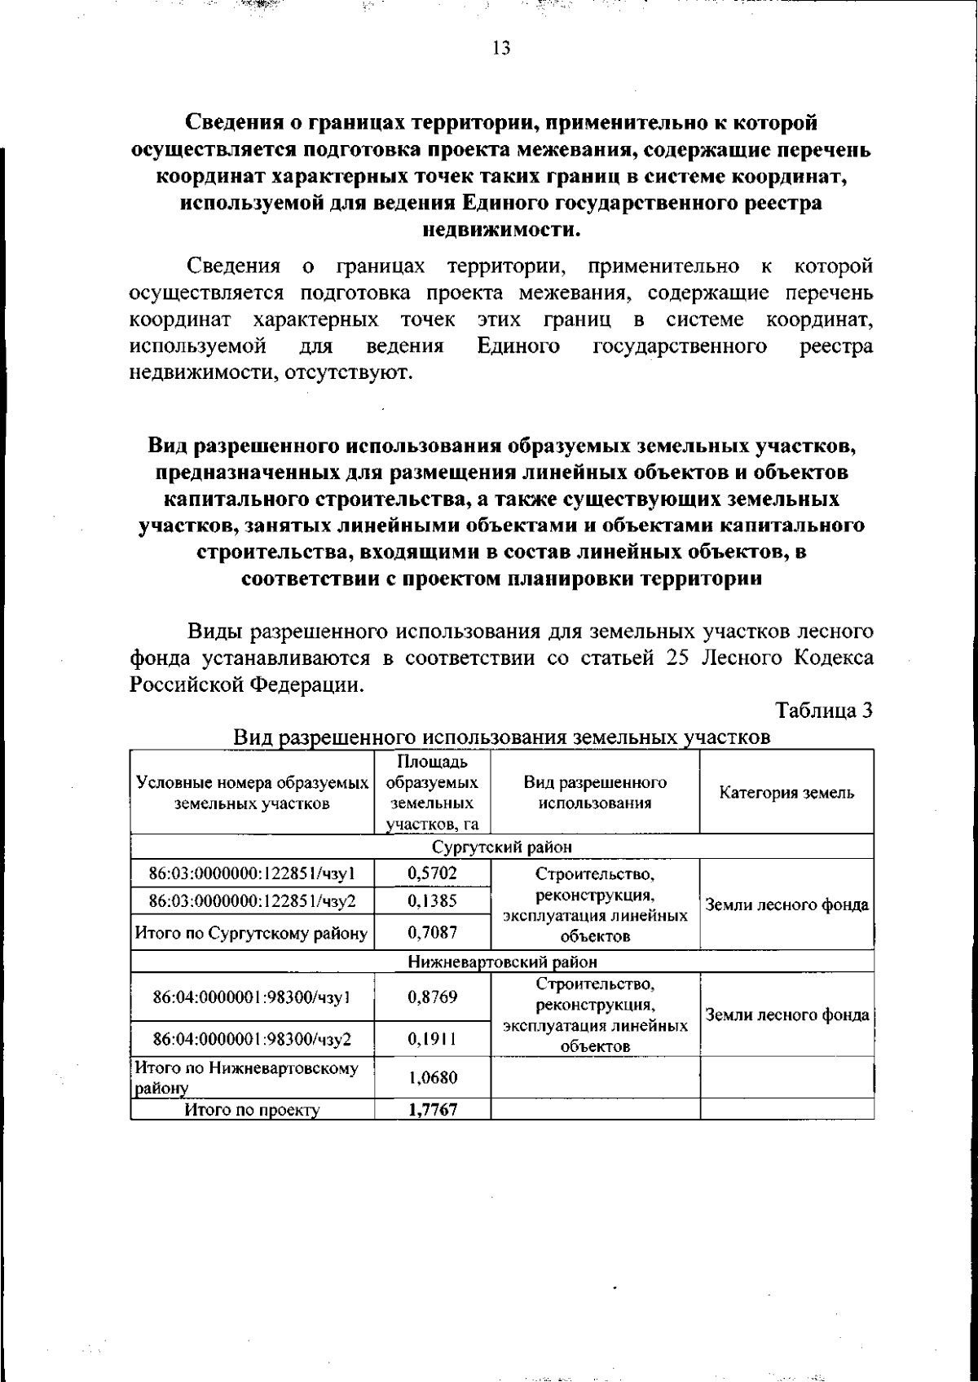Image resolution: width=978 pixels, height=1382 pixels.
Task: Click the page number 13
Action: (x=501, y=49)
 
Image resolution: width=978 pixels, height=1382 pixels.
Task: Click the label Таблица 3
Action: (x=825, y=711)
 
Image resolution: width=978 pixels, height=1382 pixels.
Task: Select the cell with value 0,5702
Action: (x=432, y=874)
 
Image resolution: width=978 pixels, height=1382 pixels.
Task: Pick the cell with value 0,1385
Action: (x=432, y=900)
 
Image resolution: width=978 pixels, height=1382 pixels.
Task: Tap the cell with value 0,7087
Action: (x=432, y=932)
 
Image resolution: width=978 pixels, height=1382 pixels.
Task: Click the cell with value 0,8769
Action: (x=432, y=997)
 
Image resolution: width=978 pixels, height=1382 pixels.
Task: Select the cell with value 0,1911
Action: (x=432, y=1039)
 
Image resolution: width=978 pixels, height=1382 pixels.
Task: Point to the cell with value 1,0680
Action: (x=432, y=1077)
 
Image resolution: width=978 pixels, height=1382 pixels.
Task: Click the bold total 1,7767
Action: (x=432, y=1110)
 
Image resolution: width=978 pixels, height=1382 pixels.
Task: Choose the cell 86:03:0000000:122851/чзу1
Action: (x=252, y=874)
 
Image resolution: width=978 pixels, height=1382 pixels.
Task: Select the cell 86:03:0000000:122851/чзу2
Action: (x=252, y=900)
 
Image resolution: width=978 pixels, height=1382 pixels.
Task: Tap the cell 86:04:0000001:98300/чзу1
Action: (x=252, y=997)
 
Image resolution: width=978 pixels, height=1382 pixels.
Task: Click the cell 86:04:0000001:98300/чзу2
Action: (x=252, y=1039)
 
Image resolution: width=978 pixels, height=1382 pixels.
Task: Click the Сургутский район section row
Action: (x=501, y=847)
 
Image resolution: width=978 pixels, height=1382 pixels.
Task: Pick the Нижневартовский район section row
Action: (x=501, y=962)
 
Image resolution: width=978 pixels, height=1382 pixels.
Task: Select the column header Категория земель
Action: (x=786, y=793)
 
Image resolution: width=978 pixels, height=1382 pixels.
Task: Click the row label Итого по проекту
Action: (x=252, y=1110)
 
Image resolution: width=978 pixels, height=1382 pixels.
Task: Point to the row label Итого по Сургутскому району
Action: (x=252, y=933)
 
